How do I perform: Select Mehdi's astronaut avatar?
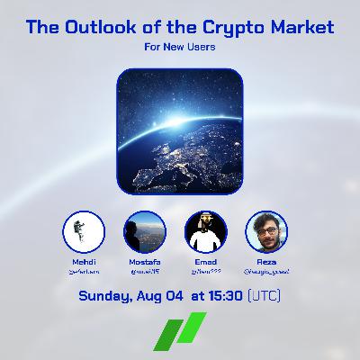pyautogui.click(x=84, y=233)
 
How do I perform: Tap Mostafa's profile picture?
pyautogui.click(x=144, y=233)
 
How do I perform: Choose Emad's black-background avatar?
pyautogui.click(x=204, y=233)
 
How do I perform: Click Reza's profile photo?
pyautogui.click(x=266, y=233)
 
